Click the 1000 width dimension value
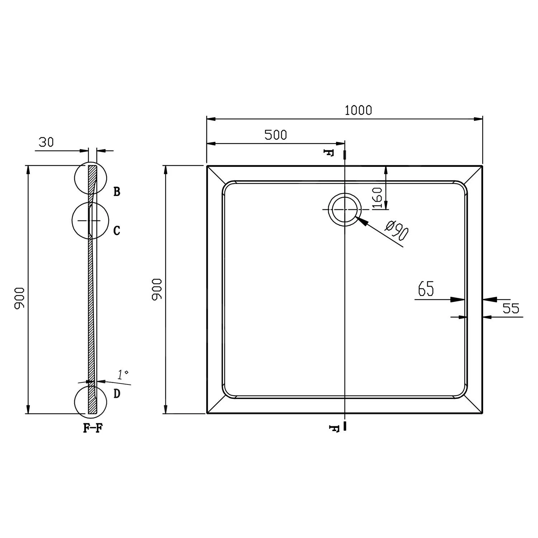358,110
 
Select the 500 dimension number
275,135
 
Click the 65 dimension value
426,289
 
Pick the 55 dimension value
511,308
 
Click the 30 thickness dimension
46,142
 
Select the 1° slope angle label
123,375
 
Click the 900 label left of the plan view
157,289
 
